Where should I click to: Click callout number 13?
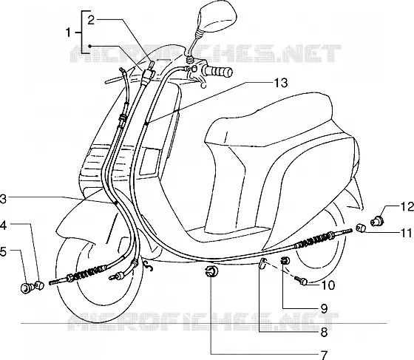pos(280,83)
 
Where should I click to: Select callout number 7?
pos(324,355)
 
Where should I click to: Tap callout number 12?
pos(407,207)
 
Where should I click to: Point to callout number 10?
pos(328,285)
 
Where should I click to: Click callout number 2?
pos(91,20)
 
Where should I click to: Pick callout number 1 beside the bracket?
pos(68,33)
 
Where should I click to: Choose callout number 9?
pos(325,308)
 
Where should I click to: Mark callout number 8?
pos(325,332)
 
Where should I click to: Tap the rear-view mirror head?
pos(215,15)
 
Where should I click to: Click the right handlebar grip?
pos(217,71)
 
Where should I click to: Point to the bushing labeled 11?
pos(360,228)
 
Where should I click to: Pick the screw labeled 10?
pos(302,281)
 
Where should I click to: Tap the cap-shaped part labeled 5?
pos(26,288)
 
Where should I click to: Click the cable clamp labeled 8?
pos(262,264)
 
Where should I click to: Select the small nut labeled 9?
pos(285,261)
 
